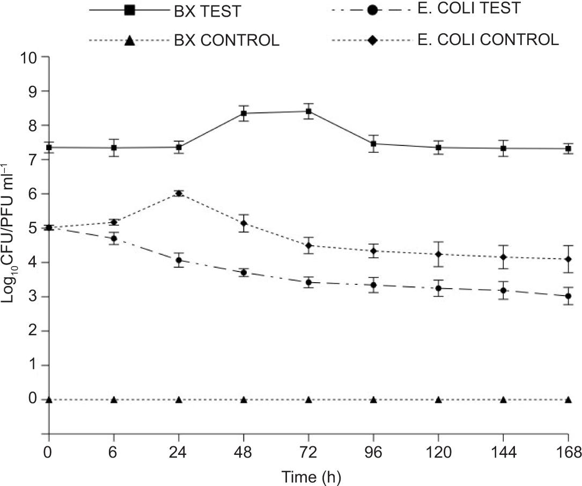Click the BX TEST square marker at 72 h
click(308, 111)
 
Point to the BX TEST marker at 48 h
click(244, 113)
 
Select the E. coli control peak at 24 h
click(179, 194)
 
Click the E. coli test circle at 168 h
click(569, 296)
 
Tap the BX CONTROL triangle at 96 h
click(373, 400)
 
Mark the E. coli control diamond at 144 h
click(503, 257)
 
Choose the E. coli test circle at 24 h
click(179, 260)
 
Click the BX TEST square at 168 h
click(569, 149)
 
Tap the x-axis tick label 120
click(438, 452)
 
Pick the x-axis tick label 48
click(244, 452)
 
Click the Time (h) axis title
click(308, 475)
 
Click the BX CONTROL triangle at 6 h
click(114, 400)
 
